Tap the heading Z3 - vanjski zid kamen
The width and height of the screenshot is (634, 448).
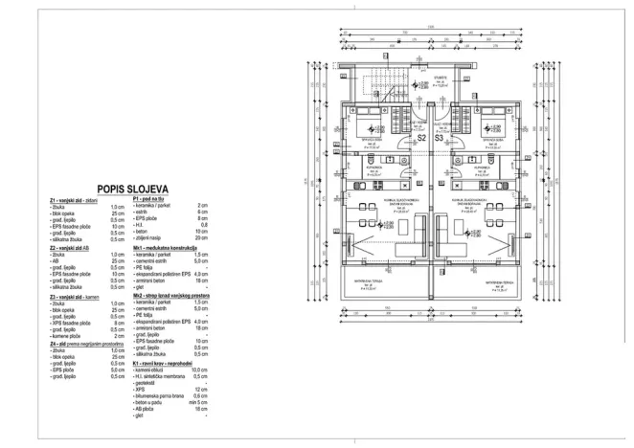(76, 297)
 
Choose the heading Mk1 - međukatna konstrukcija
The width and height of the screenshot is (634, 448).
(173, 248)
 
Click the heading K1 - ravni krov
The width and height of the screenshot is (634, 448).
(168, 364)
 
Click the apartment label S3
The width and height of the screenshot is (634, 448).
(440, 138)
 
